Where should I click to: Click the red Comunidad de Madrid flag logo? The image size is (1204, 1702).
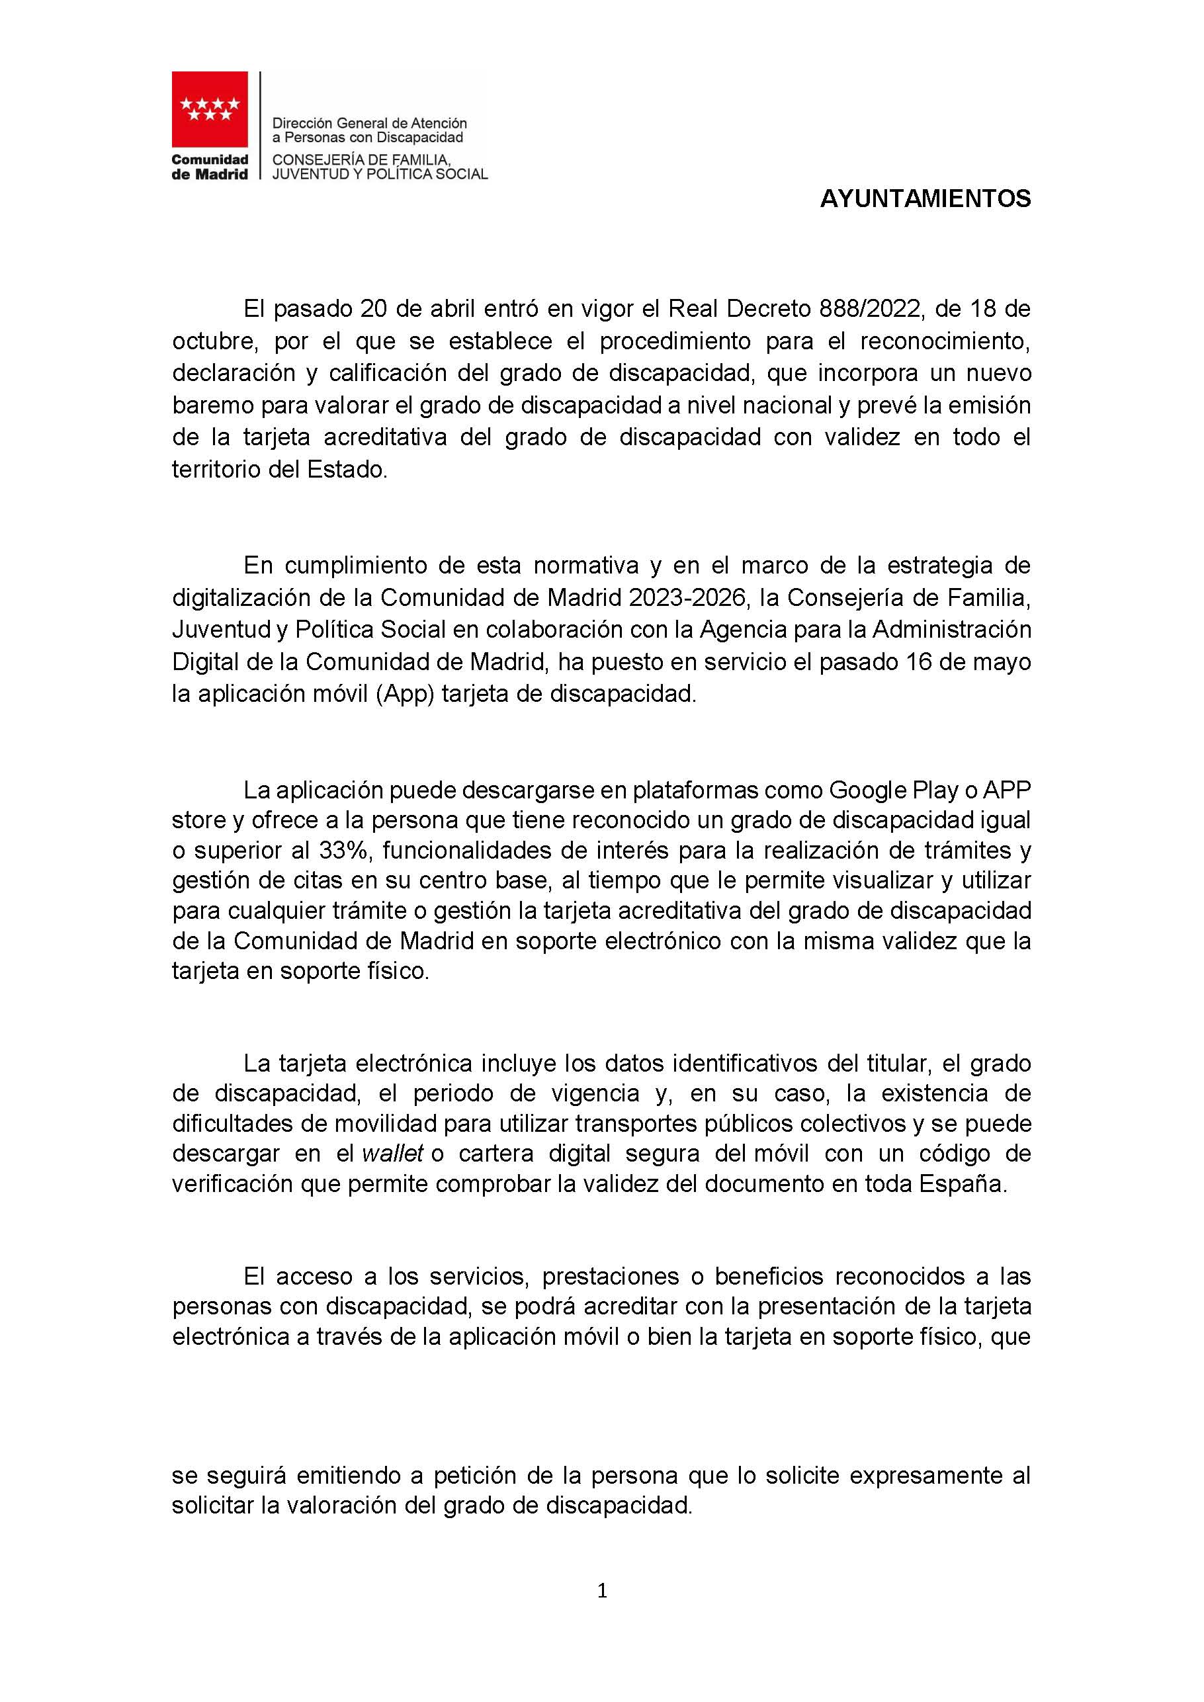click(x=210, y=109)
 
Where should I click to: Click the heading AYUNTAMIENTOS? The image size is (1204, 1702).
click(x=925, y=199)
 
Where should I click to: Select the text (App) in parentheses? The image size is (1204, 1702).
click(x=404, y=694)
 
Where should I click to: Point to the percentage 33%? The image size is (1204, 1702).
click(x=343, y=850)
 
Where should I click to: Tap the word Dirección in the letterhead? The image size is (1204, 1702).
click(x=300, y=122)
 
